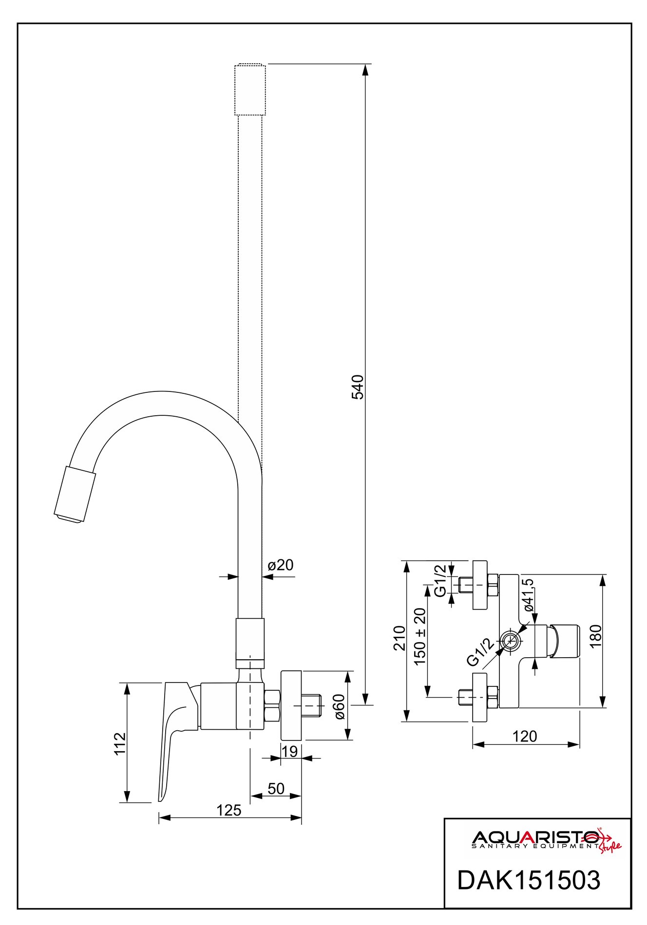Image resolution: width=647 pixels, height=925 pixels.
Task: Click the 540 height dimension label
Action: pyautogui.click(x=358, y=387)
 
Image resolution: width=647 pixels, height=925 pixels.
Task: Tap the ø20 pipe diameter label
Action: pyautogui.click(x=281, y=565)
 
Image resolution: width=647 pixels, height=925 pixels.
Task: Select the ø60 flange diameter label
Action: pyautogui.click(x=339, y=706)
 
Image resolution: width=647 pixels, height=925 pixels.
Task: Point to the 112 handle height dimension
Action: pyautogui.click(x=120, y=743)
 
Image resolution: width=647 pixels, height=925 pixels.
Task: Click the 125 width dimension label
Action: pyautogui.click(x=228, y=810)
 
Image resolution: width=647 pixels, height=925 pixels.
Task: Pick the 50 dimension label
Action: pyautogui.click(x=276, y=789)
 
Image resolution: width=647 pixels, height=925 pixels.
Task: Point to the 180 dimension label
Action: pyautogui.click(x=595, y=636)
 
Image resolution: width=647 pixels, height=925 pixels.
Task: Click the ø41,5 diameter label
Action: pyautogui.click(x=529, y=595)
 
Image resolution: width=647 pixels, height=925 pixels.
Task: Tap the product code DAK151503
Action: pyautogui.click(x=528, y=880)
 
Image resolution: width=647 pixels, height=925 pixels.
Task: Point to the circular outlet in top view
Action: pyautogui.click(x=510, y=641)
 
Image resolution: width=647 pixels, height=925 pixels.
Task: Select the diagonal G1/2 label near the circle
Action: pyautogui.click(x=480, y=652)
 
